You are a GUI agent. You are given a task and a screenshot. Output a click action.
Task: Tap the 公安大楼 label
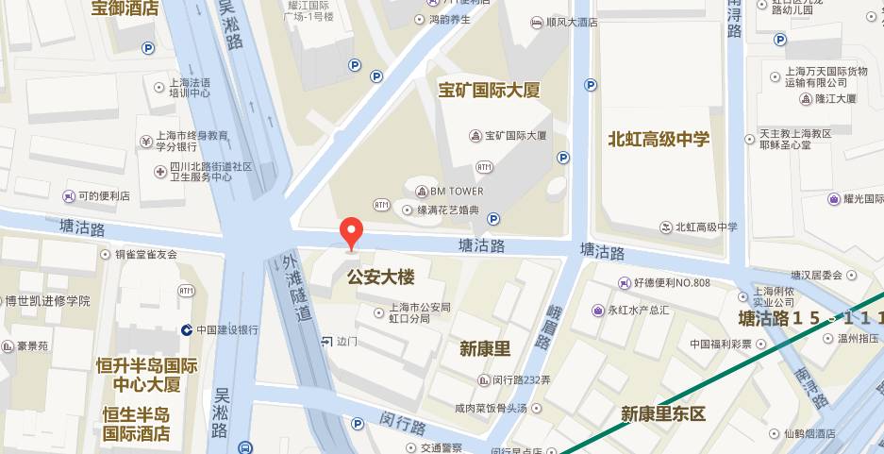click(x=381, y=277)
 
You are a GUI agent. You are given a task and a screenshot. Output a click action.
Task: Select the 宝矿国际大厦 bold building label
click(x=489, y=91)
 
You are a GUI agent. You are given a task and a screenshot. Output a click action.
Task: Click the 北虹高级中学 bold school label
click(x=659, y=139)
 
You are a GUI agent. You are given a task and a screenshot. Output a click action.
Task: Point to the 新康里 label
click(x=485, y=348)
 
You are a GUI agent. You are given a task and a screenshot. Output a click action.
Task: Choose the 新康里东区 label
click(x=663, y=414)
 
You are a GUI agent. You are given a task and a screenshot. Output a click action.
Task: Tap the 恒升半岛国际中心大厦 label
click(x=146, y=375)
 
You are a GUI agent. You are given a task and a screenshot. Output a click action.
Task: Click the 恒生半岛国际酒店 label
click(x=137, y=425)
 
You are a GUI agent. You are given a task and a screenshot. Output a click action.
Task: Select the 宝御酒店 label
click(x=125, y=9)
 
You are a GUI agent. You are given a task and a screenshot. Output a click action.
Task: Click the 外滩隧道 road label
click(x=294, y=289)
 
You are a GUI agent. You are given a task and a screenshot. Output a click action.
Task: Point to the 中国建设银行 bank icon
click(x=187, y=329)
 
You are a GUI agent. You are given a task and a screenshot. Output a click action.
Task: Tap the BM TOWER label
click(x=457, y=191)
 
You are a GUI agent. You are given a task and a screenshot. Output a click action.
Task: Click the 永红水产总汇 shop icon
click(x=597, y=310)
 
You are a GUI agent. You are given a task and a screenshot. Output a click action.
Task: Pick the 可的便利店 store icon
click(x=68, y=196)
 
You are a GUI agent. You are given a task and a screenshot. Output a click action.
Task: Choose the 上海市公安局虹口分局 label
click(x=421, y=312)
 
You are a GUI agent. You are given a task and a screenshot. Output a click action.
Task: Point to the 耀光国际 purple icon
click(x=833, y=199)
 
